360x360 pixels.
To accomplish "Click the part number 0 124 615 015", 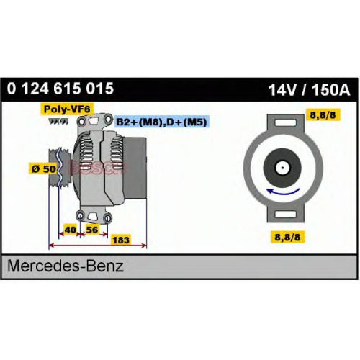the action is [x=60, y=89].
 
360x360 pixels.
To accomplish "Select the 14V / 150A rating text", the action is [x=309, y=90].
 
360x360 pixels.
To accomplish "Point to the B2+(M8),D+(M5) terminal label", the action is [x=161, y=122].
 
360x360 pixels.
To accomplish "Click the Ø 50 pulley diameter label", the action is [x=44, y=168].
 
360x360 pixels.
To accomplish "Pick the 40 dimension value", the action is [x=71, y=230].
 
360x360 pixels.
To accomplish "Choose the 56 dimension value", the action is [x=91, y=230].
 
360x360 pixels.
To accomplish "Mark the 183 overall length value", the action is [x=121, y=240].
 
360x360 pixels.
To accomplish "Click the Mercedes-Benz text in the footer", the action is [x=66, y=266].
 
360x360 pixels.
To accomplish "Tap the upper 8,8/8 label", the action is [x=323, y=115].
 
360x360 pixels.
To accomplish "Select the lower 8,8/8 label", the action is [x=287, y=237].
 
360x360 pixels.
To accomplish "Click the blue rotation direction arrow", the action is [x=283, y=192].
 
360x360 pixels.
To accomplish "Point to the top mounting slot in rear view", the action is [x=286, y=123].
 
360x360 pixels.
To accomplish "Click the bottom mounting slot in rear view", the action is [x=286, y=214].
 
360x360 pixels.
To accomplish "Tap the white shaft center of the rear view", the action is [x=282, y=168].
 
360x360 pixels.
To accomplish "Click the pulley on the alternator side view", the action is [x=60, y=168].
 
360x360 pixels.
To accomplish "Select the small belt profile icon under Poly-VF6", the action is [x=58, y=122].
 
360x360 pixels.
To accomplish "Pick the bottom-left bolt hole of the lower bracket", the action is [x=80, y=216].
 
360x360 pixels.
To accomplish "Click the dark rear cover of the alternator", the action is [x=136, y=168].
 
